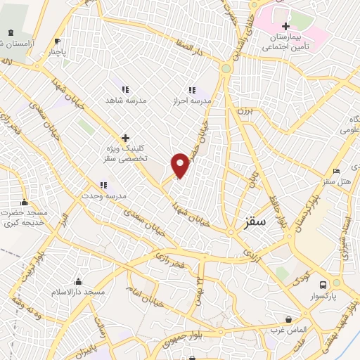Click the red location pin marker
pos(181,165)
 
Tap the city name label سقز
pos(256,221)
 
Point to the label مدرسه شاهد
pos(126,101)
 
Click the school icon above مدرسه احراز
pos(191,90)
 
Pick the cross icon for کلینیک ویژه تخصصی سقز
pos(125,138)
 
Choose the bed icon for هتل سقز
pos(336,171)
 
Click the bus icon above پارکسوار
pos(323,285)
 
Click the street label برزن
pos(243,112)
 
